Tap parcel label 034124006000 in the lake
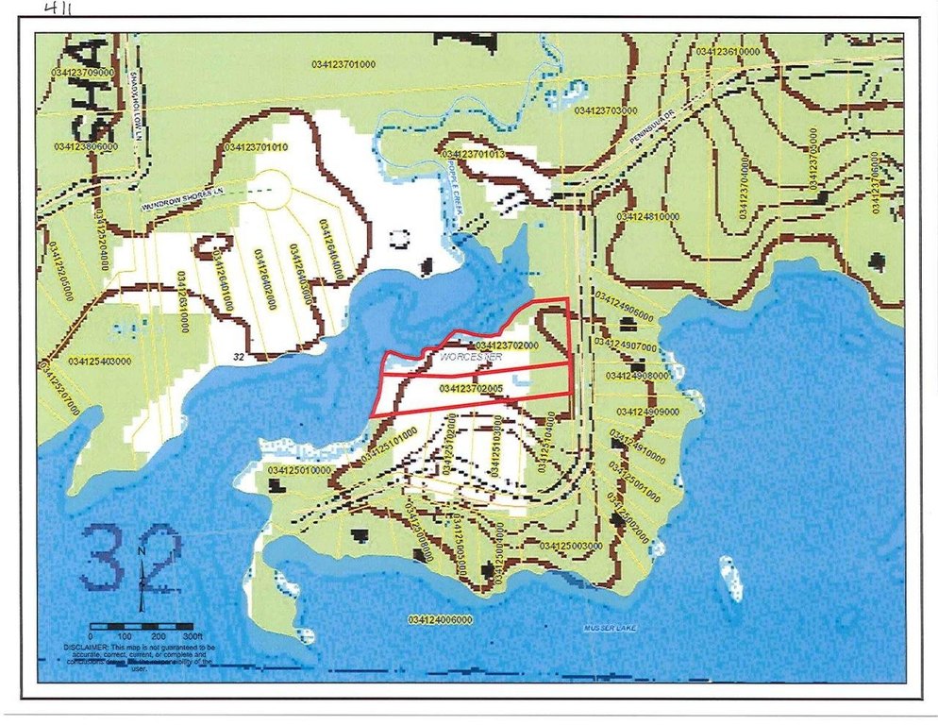pyautogui.click(x=441, y=619)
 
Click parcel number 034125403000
pyautogui.click(x=99, y=361)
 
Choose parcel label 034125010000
pyautogui.click(x=299, y=469)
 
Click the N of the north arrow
pyautogui.click(x=141, y=552)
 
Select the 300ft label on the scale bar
pyautogui.click(x=194, y=638)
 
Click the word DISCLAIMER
pyautogui.click(x=88, y=648)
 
